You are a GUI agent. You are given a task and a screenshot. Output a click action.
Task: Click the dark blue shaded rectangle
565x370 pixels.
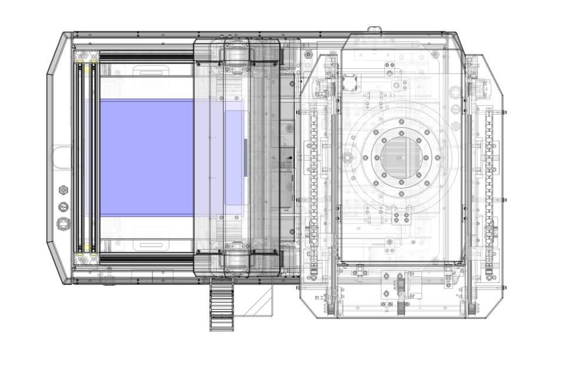147,157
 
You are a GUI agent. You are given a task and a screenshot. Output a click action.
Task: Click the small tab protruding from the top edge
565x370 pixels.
374,29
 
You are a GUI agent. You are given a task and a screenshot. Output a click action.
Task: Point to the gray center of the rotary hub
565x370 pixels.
401,156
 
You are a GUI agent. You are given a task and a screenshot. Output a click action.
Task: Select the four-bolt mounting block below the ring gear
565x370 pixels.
403,218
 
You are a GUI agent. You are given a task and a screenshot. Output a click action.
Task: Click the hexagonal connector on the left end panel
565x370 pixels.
62,190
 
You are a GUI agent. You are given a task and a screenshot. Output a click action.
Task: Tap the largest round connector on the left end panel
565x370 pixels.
62,224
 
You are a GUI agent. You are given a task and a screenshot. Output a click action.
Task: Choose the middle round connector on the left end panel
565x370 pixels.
62,207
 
